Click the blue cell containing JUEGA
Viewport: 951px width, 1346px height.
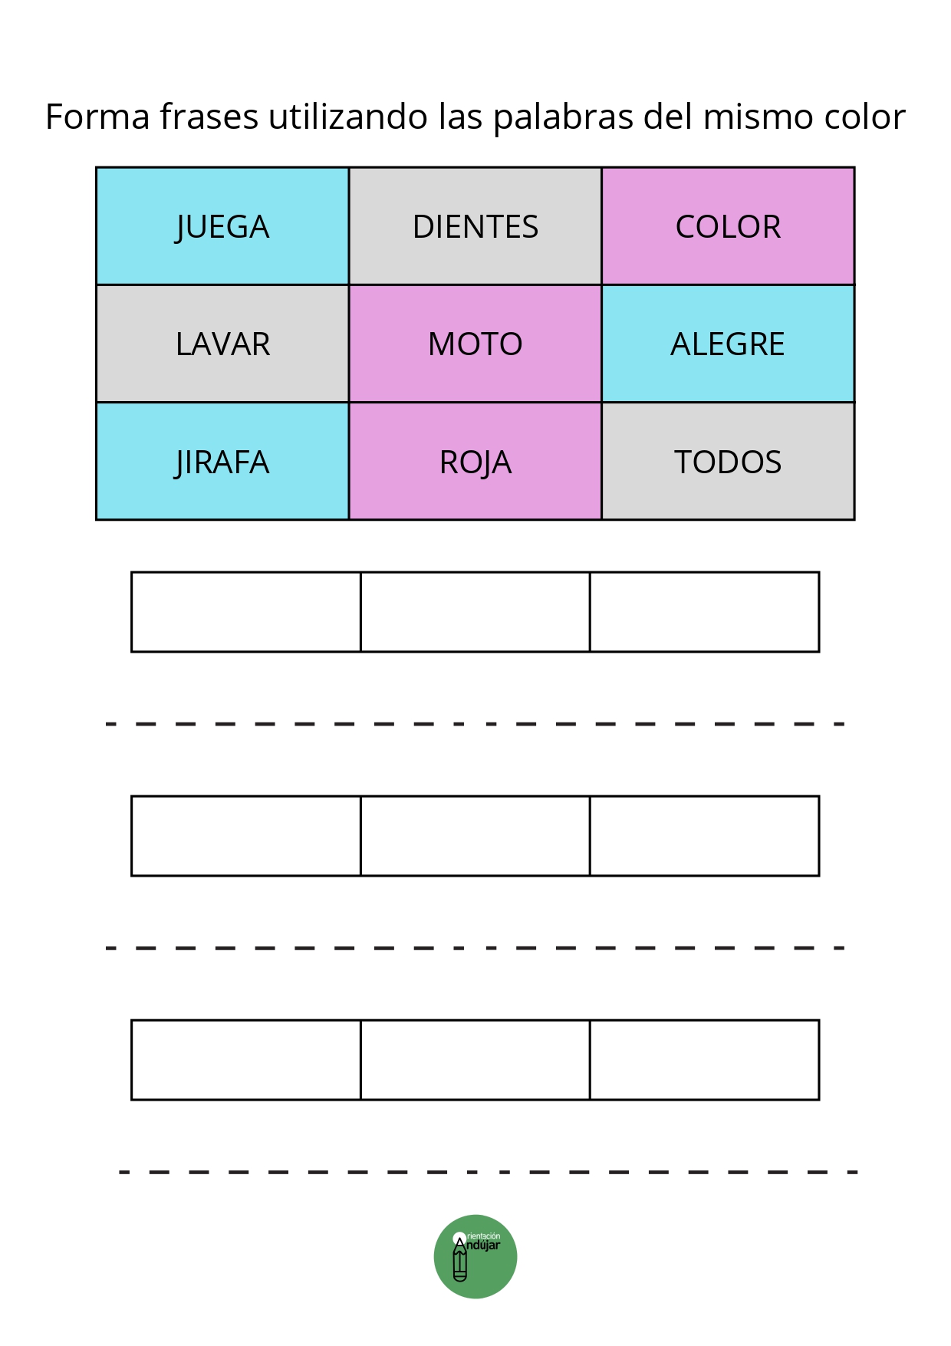[x=222, y=226]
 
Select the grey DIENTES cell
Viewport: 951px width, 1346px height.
[x=475, y=226]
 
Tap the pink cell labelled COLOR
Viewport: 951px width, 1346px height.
[x=728, y=226]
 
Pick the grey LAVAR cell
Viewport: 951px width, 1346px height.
[x=222, y=344]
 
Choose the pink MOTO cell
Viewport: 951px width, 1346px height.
[x=475, y=344]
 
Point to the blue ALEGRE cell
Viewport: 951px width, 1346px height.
[x=728, y=344]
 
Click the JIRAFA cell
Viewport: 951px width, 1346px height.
[x=222, y=461]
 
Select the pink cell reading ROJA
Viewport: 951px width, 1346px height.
[x=475, y=461]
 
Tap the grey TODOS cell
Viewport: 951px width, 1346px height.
[x=728, y=461]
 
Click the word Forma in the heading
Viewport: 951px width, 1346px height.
[x=97, y=117]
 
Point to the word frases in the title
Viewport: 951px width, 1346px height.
[x=209, y=117]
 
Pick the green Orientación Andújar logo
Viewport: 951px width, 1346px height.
[x=475, y=1256]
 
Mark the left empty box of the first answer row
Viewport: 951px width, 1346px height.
[x=246, y=612]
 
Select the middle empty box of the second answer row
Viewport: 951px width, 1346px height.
[x=475, y=836]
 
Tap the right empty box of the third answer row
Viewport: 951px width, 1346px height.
[x=705, y=1060]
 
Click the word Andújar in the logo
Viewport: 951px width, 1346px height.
[x=482, y=1246]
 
